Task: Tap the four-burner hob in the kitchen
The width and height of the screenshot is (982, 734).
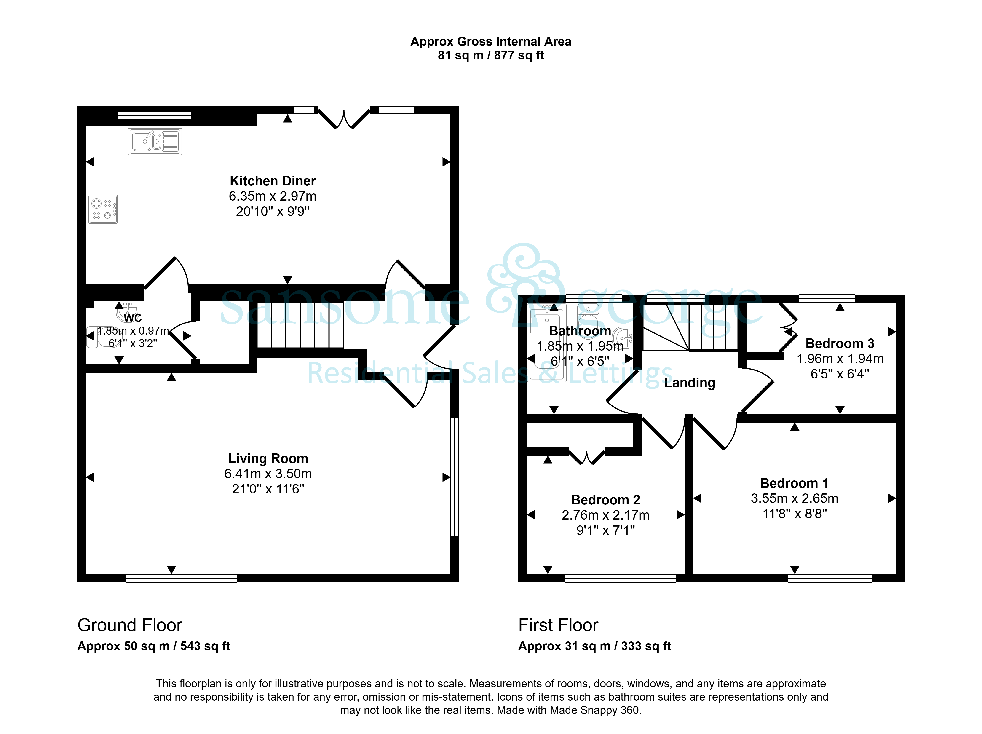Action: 103,209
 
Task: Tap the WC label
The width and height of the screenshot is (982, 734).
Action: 133,318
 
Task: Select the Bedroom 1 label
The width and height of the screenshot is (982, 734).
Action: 794,483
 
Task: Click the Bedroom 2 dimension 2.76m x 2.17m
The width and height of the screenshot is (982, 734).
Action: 605,515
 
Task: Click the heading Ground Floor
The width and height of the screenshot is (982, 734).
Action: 130,625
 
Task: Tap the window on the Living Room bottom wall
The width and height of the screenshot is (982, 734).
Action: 182,578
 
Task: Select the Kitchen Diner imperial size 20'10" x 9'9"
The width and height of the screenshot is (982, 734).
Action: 273,211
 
